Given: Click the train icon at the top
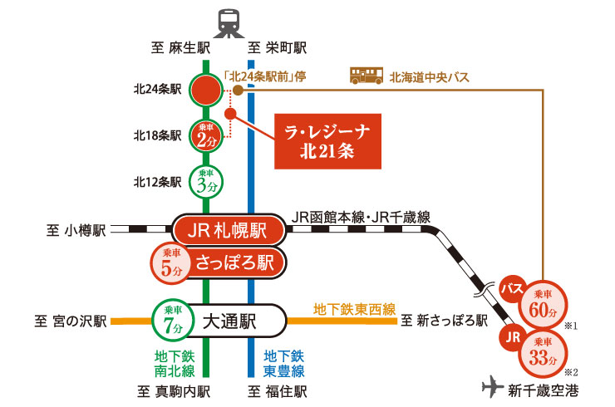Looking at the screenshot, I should pyautogui.click(x=229, y=23).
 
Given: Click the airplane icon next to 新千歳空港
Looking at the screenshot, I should pyautogui.click(x=494, y=386).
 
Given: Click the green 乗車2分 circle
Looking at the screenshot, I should pyautogui.click(x=205, y=135).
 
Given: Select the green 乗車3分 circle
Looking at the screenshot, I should pyautogui.click(x=205, y=180).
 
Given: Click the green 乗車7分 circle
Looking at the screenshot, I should pyautogui.click(x=172, y=319).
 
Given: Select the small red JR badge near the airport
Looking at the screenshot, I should pyautogui.click(x=511, y=338).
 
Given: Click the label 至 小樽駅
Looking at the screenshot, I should pyautogui.click(x=76, y=230).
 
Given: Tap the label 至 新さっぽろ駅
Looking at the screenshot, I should pyautogui.click(x=444, y=320).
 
